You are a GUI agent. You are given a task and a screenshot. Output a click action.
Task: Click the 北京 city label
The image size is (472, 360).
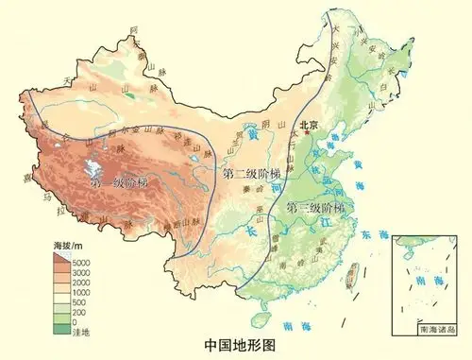(x=309, y=124)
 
